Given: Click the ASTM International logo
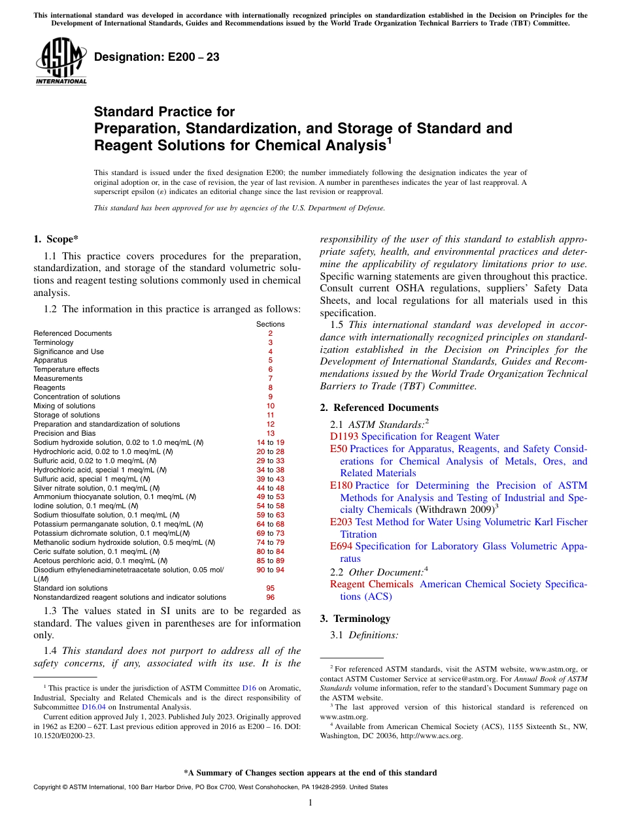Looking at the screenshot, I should pos(61,61).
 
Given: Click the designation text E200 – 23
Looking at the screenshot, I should pos(157,57).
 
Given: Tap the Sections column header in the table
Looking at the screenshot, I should pos(270,324).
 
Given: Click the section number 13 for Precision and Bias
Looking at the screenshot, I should pos(270,433).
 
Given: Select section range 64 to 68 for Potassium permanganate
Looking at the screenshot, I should pos(270,524).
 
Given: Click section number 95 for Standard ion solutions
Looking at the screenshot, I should pos(270,588).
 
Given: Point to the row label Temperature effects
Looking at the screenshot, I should pos(66,369).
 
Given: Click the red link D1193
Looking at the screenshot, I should pos(344,436).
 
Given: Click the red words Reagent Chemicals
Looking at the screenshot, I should pos(371,584).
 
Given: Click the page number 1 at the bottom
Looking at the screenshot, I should pos(310,802).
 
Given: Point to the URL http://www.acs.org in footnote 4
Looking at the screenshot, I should pos(431,736).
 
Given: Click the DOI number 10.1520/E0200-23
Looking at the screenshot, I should pos(63,736).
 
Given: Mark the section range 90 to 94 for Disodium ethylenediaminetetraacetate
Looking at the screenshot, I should pos(270,570).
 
